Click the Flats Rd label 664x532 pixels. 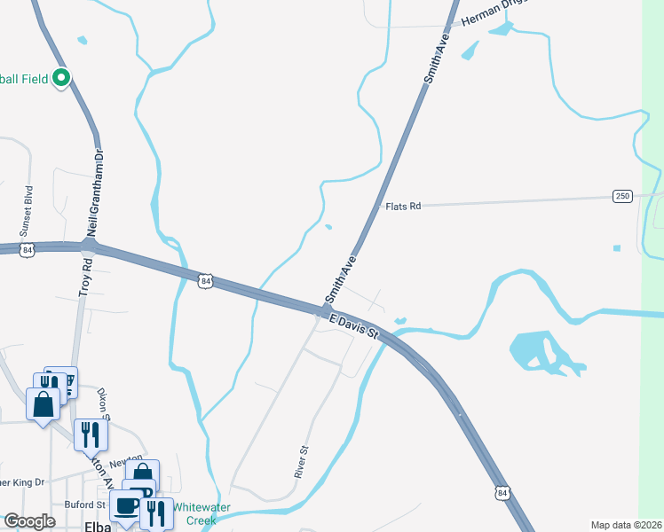402,206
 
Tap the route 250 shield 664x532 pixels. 622,195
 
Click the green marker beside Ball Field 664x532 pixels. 61,78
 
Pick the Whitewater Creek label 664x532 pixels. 202,513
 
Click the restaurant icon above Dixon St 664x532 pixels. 91,433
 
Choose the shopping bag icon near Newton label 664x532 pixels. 142,473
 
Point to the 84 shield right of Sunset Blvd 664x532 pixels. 28,251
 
